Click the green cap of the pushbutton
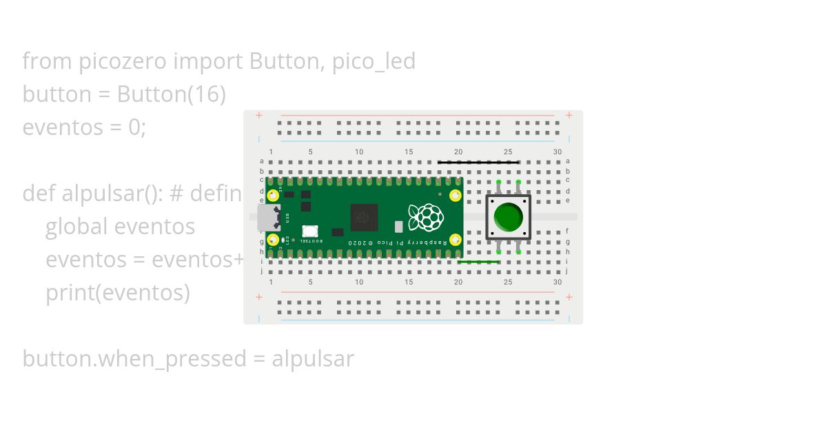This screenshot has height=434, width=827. tap(509, 217)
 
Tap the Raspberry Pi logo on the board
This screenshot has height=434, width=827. tap(425, 217)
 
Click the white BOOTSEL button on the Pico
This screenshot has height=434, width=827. tap(310, 231)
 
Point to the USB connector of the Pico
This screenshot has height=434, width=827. tap(268, 217)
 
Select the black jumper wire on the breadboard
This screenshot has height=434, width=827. tap(478, 163)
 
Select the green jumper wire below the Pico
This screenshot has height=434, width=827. tap(478, 262)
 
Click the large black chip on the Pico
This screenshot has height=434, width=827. tap(365, 218)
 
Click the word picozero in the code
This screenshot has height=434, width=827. tap(123, 61)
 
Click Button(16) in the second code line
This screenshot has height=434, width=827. tap(171, 94)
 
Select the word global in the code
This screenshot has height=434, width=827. tap(76, 227)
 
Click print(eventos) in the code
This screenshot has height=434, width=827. tap(117, 293)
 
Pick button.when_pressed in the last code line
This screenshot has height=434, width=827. tap(134, 359)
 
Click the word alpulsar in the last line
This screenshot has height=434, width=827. tap(313, 359)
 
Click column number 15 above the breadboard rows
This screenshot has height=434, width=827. tap(409, 152)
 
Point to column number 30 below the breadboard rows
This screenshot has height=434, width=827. tap(557, 282)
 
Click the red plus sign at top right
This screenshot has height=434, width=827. tap(569, 115)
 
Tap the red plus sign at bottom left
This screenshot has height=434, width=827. tap(259, 297)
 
